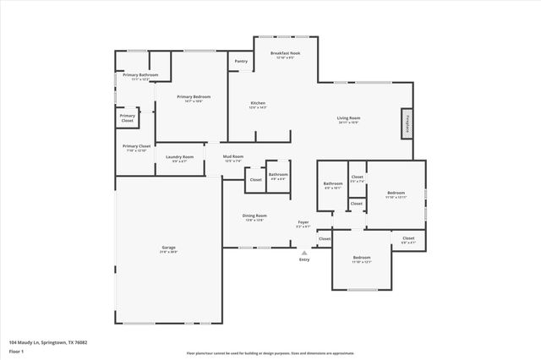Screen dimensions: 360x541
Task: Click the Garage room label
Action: [x=169, y=249]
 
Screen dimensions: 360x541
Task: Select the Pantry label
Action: [x=241, y=62]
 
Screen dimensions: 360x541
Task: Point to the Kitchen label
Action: [x=258, y=105]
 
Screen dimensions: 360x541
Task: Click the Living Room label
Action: [x=348, y=120]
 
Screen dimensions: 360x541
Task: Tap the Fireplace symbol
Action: [x=407, y=123]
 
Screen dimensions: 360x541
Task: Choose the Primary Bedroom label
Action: [x=194, y=99]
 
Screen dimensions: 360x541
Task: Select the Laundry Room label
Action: [x=179, y=158]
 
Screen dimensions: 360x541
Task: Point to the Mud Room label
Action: [x=233, y=158]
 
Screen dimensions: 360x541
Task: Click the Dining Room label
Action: [x=254, y=217]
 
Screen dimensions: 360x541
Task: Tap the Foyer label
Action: [x=303, y=224]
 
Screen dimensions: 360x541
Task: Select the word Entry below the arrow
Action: [x=304, y=259]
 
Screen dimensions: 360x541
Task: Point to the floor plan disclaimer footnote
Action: [x=270, y=353]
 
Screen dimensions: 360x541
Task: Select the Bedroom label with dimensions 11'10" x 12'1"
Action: [x=362, y=259]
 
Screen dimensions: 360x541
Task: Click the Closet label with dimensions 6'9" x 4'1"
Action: [x=408, y=239]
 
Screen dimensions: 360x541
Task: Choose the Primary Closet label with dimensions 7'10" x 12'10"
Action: [x=136, y=148]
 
